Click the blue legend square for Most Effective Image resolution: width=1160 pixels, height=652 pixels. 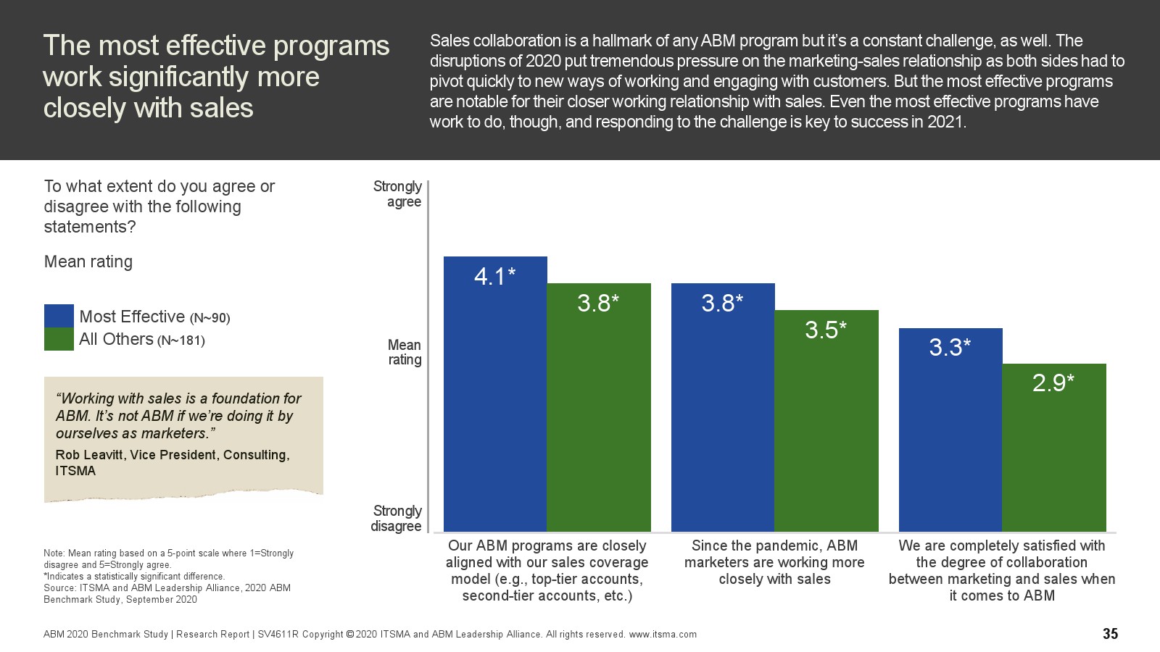tap(59, 316)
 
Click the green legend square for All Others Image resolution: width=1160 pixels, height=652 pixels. tap(59, 339)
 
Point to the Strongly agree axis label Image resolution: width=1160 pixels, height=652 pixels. tap(397, 194)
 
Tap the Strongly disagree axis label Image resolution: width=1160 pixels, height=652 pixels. tap(396, 519)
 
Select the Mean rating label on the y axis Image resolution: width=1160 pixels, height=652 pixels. tap(404, 352)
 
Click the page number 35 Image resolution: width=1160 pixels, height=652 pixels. tap(1110, 634)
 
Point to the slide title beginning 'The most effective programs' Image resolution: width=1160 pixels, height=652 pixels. tap(216, 77)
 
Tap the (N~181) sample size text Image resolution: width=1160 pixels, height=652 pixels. tap(181, 340)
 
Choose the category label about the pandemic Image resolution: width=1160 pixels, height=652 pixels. tap(774, 562)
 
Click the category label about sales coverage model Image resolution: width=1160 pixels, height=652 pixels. tap(547, 571)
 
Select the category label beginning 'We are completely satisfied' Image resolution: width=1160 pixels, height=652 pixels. tap(1002, 571)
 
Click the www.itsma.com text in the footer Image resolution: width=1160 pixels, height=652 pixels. tap(663, 635)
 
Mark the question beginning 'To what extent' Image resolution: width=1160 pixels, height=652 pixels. tap(159, 206)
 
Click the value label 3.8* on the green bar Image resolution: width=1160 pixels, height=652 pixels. tap(598, 303)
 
